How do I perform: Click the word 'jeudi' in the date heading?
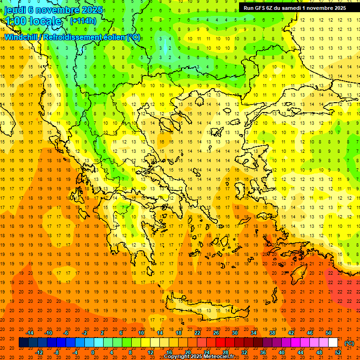pos(15,10)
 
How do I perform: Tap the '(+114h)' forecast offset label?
pos(83,21)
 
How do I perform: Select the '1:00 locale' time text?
pos(33,21)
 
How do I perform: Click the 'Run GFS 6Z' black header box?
pos(295,7)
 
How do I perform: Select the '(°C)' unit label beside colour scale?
pos(349,343)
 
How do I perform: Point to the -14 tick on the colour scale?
pos(31,333)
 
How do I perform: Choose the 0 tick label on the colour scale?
pos(92,352)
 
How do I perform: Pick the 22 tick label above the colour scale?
pos(197,333)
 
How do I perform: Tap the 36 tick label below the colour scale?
pos(263,352)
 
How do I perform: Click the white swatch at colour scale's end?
pos(333,343)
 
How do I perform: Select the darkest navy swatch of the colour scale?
pos(23,343)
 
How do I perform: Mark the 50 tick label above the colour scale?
pos(329,333)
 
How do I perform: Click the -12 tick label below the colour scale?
pos(39,352)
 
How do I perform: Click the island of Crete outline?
pos(206,309)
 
